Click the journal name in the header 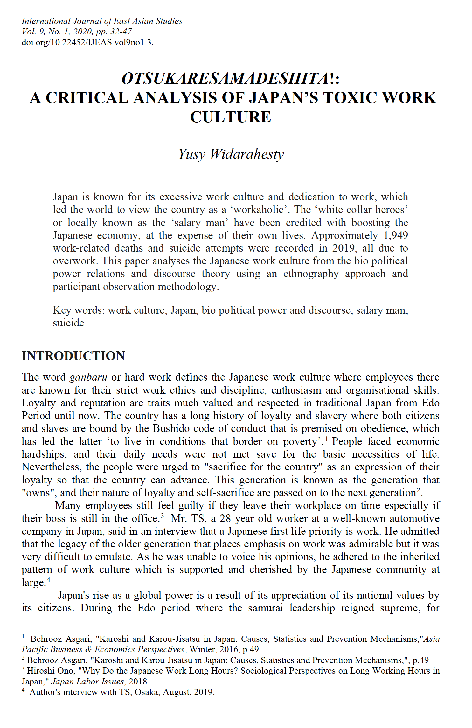tap(102, 21)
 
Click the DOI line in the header tap(87, 42)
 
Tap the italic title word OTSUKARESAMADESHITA tap(226, 79)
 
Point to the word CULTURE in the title tap(231, 117)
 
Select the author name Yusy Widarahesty tap(231, 154)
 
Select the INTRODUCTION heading tap(73, 356)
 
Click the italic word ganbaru tap(88, 377)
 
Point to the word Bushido tap(171, 428)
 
